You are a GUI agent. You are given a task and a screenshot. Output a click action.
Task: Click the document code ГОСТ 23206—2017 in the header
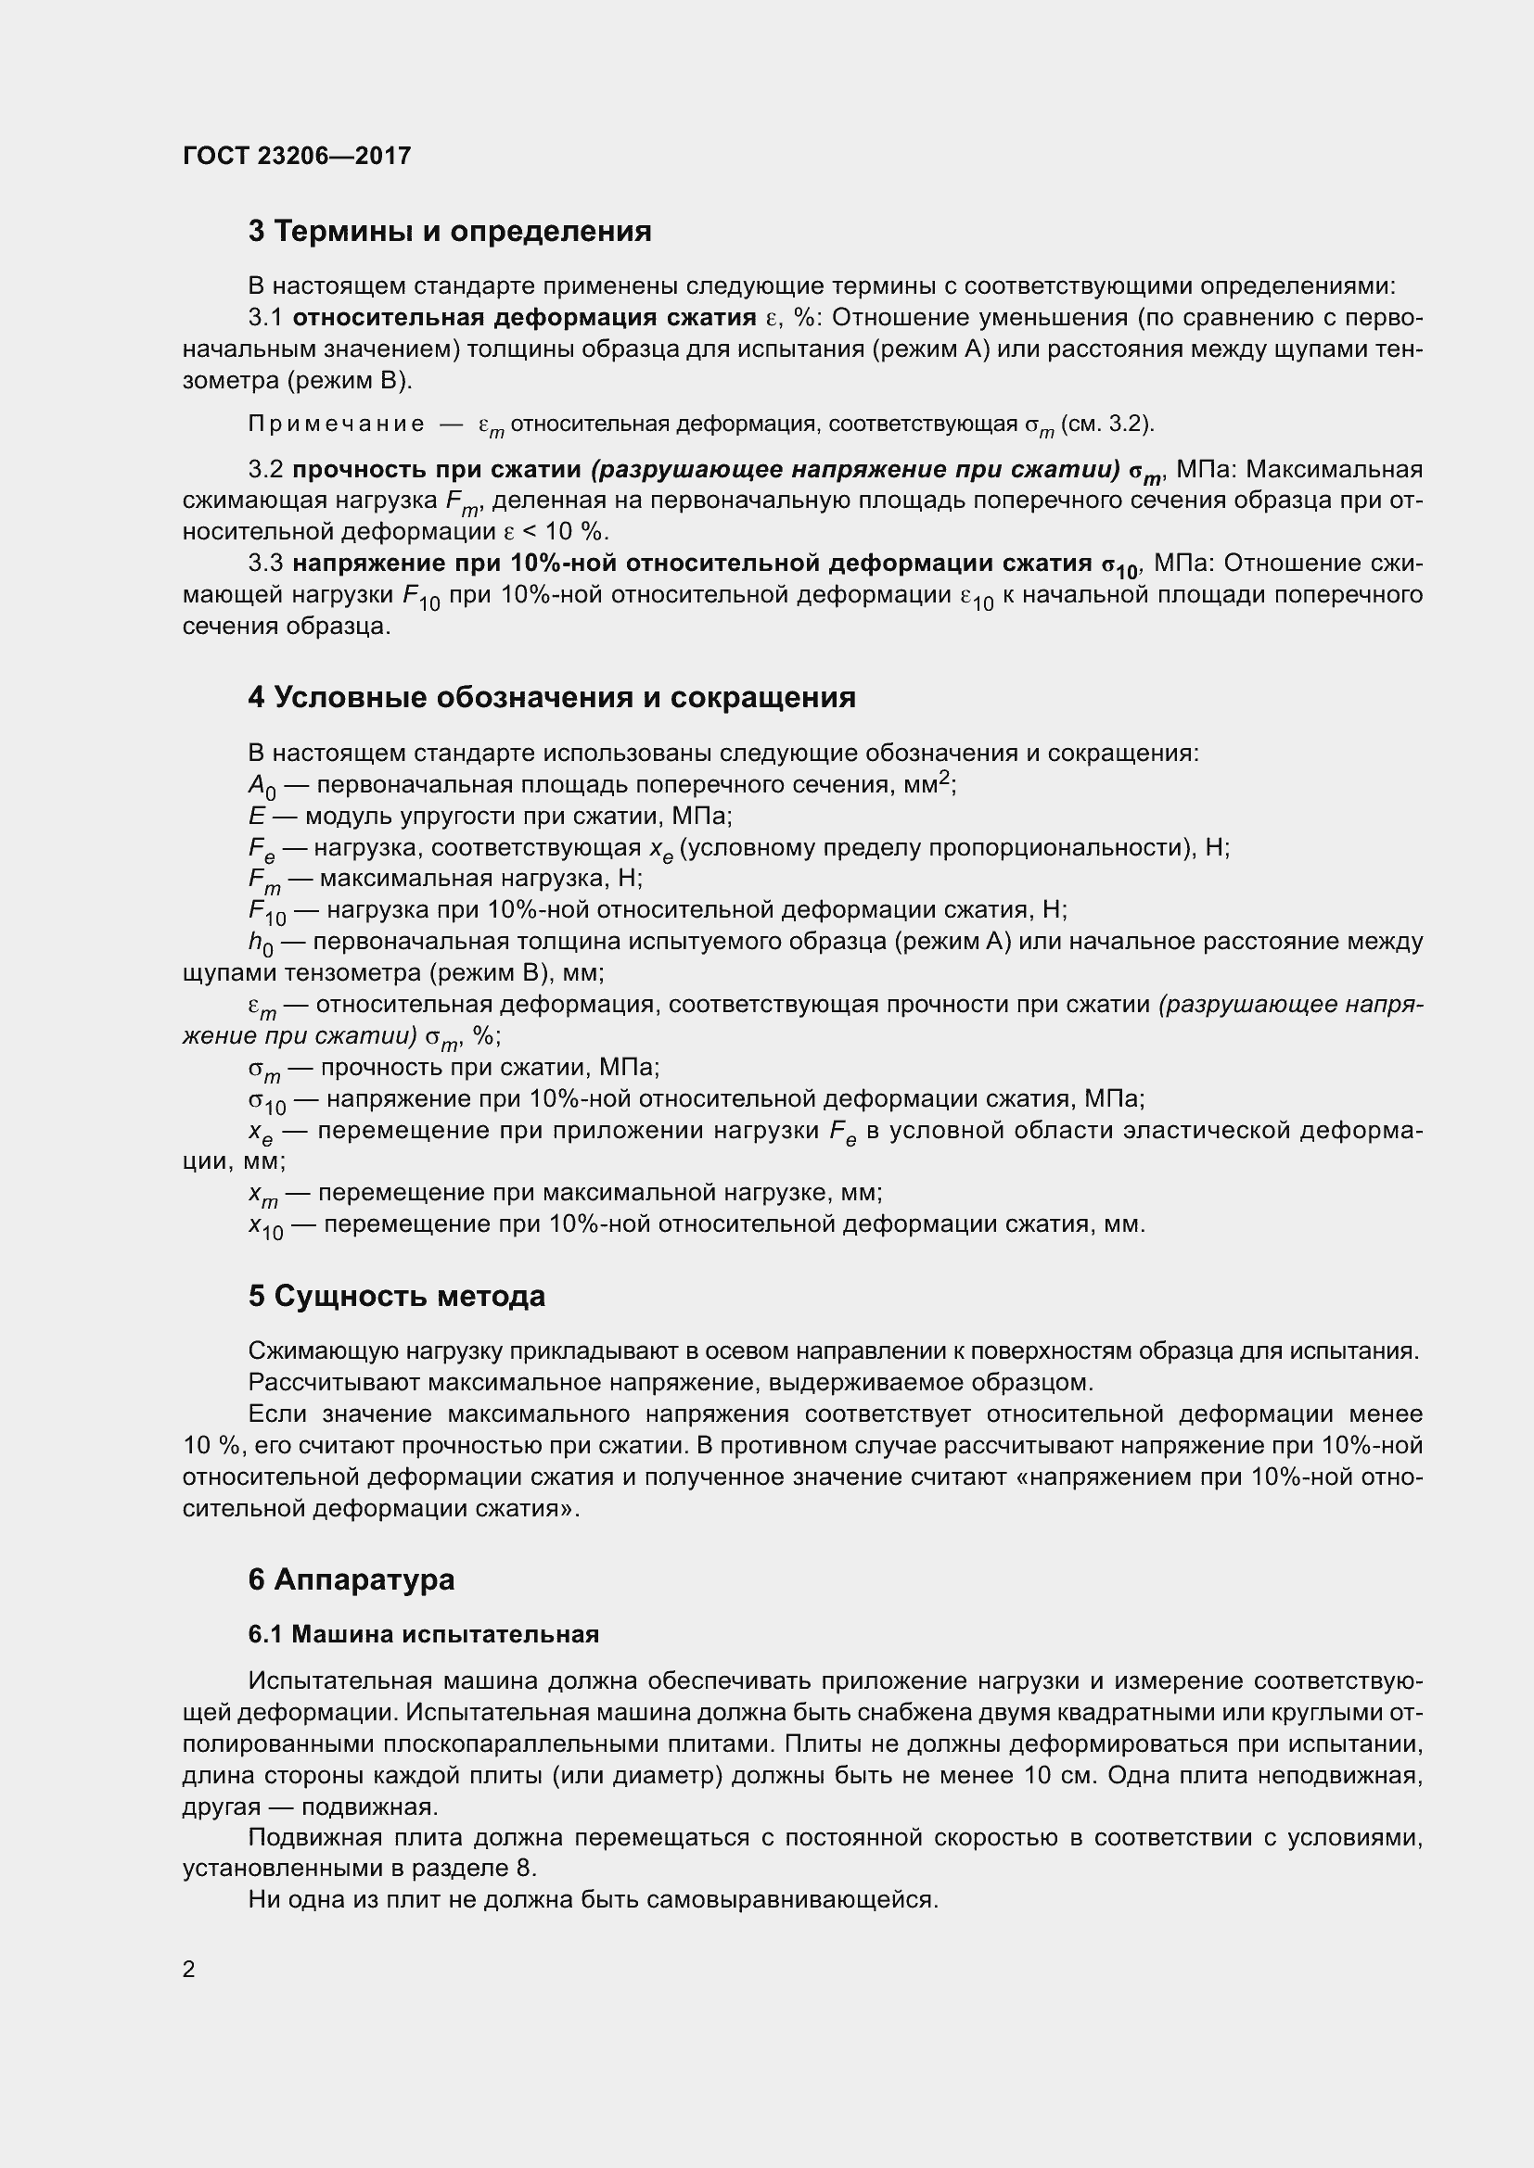tap(297, 156)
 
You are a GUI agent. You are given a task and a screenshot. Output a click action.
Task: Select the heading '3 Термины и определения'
tap(450, 232)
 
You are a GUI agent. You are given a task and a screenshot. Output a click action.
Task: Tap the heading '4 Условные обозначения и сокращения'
tap(552, 698)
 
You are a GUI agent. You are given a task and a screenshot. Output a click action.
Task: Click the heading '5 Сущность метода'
tap(397, 1297)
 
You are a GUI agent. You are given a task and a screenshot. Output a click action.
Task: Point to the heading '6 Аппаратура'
tap(352, 1579)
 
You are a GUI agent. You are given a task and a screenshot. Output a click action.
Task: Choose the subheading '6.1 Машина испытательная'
tap(423, 1634)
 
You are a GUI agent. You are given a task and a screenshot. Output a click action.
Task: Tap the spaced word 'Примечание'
tap(337, 424)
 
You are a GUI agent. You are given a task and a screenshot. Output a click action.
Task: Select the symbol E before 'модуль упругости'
tap(256, 816)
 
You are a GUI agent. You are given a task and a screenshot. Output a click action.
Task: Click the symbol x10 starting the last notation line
tap(265, 1226)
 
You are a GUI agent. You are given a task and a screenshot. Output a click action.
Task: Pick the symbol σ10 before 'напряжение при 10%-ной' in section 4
tap(266, 1101)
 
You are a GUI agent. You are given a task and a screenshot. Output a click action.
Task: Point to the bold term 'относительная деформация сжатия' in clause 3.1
tap(524, 317)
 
